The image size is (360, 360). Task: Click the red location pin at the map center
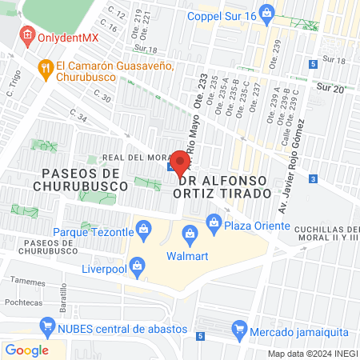coord(180,164)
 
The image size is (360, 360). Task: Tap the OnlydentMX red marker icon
coord(27,35)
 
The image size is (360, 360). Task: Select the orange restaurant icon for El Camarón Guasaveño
coord(46,70)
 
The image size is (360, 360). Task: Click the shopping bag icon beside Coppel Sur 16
coord(268,14)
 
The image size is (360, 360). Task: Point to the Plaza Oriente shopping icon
coord(213,223)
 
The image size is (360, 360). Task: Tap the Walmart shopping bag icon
coord(190,234)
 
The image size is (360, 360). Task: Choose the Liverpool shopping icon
coord(138,265)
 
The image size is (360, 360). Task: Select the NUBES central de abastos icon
coord(46,326)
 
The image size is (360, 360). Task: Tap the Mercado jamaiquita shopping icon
coord(238,328)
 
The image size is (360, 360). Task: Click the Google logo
coord(27,350)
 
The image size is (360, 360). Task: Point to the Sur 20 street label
coord(330,87)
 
